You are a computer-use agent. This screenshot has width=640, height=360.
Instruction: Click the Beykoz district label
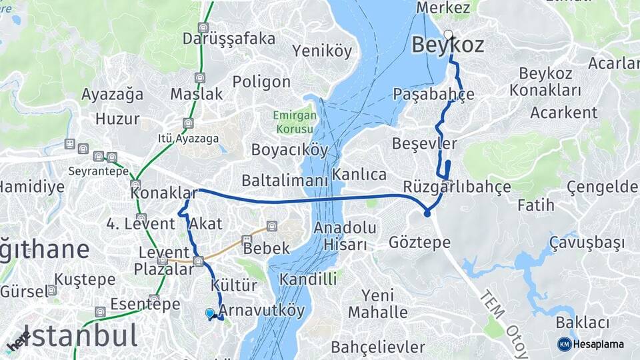pyautogui.click(x=447, y=45)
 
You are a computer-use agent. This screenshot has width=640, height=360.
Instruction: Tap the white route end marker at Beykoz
pyautogui.click(x=448, y=34)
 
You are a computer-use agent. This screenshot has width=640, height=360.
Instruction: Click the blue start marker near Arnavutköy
pyautogui.click(x=210, y=313)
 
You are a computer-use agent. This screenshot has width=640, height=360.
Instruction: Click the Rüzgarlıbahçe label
pyautogui.click(x=457, y=186)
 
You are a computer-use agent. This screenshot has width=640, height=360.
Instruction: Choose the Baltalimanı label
pyautogui.click(x=285, y=181)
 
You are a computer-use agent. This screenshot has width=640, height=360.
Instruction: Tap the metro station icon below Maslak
pyautogui.click(x=189, y=123)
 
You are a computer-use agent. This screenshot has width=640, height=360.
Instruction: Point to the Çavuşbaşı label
pyautogui.click(x=587, y=242)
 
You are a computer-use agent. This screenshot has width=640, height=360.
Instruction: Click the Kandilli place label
pyautogui.click(x=309, y=279)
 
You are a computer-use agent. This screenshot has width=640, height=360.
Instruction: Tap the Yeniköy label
pyautogui.click(x=321, y=51)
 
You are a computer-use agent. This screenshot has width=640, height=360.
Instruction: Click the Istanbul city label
pyautogui.click(x=80, y=335)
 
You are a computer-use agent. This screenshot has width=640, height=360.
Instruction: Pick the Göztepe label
pyautogui.click(x=419, y=241)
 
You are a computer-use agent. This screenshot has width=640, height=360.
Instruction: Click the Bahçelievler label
pyautogui.click(x=378, y=347)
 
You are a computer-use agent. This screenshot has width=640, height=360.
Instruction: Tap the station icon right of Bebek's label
pyautogui.click(x=271, y=226)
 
